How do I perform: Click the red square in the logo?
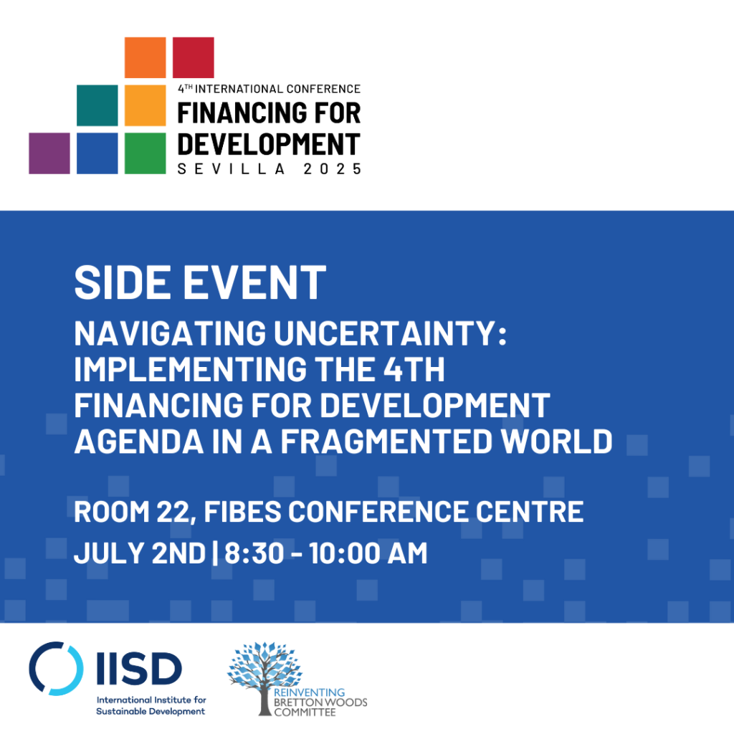point(194,57)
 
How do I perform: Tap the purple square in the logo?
point(49,153)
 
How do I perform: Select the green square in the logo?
point(146,153)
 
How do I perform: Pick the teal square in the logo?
point(97,105)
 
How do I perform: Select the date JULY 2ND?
point(140,553)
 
